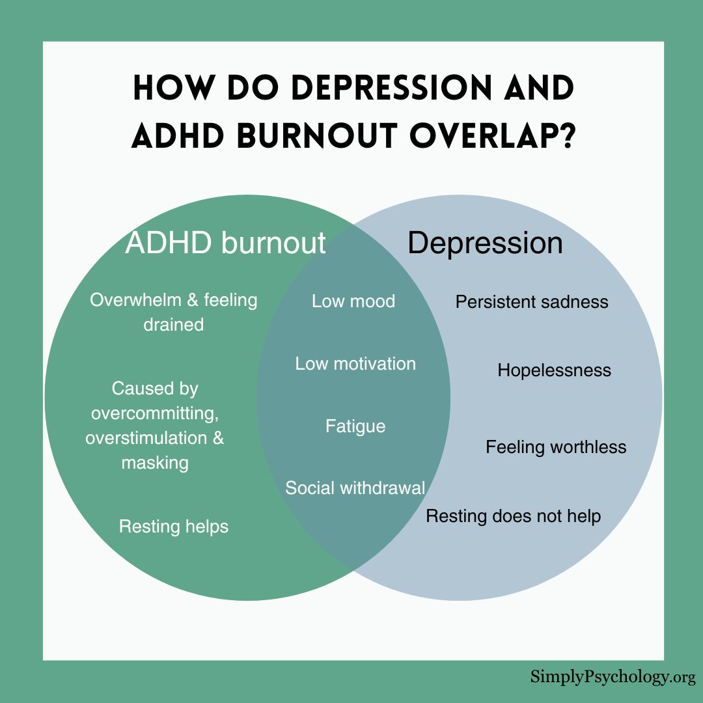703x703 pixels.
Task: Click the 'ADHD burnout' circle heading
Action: (225, 243)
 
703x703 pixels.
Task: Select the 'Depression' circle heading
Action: (485, 244)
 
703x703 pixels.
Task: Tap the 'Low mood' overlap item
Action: (353, 301)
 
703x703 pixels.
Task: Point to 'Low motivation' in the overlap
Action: (355, 364)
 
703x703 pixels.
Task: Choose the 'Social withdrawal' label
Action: (355, 488)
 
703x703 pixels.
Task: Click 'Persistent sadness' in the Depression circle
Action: (532, 302)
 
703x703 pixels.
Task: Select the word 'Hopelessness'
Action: (554, 371)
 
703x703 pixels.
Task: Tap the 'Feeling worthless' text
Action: (556, 448)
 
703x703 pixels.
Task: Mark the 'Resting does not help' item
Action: (514, 516)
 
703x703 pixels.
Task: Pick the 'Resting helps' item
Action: (174, 527)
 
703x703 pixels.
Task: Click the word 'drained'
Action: (174, 325)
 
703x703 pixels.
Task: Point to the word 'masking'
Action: (155, 463)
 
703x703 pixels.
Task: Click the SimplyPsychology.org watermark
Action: (613, 678)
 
